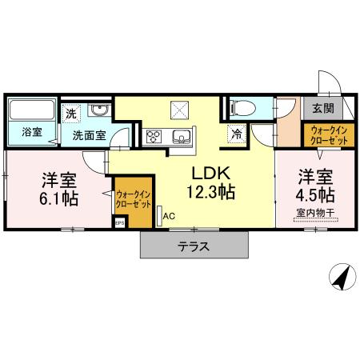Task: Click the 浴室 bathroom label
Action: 32,130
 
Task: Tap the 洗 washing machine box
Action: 72,114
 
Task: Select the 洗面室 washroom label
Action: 89,135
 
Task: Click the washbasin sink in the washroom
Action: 99,110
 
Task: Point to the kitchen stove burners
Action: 154,134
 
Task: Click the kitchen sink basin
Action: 179,134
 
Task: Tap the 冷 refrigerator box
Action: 238,134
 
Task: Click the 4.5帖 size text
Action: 314,194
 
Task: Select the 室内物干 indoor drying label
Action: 314,212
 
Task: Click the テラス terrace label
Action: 194,246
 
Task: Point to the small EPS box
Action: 120,224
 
